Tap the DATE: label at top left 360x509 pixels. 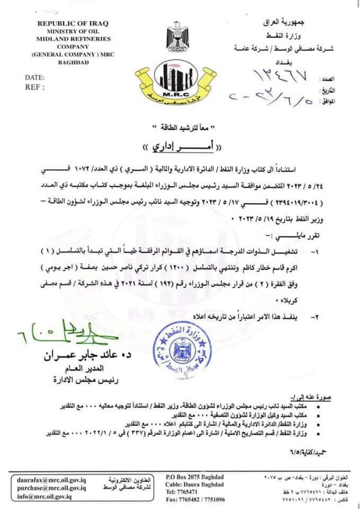pos(35,77)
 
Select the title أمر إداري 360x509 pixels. pos(180,146)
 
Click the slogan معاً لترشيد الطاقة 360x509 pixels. pos(180,127)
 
